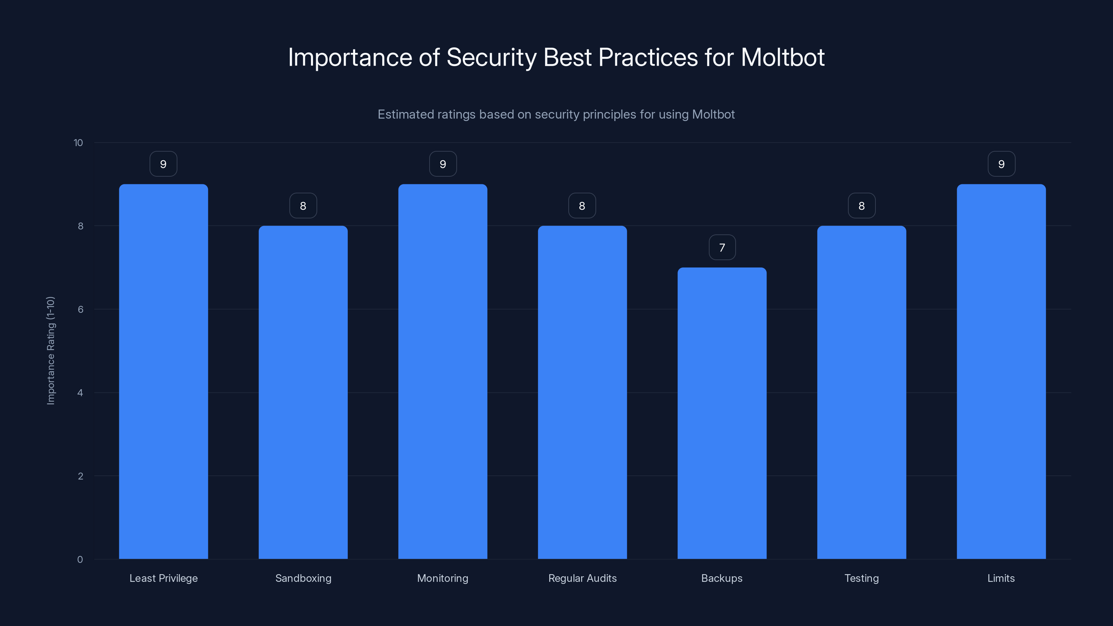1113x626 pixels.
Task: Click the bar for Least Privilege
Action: click(163, 371)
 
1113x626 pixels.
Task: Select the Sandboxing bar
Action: click(303, 392)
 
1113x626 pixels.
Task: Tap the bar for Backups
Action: click(722, 413)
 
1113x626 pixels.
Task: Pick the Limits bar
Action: click(1001, 371)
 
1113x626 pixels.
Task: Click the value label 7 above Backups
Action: click(722, 248)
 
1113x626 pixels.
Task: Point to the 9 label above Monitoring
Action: click(443, 164)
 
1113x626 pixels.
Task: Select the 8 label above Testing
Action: click(862, 206)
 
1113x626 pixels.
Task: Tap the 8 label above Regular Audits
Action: click(582, 206)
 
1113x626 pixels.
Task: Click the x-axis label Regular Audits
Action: click(582, 578)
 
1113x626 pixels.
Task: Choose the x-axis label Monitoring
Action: click(442, 578)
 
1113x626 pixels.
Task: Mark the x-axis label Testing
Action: click(862, 578)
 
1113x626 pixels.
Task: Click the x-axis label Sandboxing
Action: click(303, 578)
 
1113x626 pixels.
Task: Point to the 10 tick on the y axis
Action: click(78, 143)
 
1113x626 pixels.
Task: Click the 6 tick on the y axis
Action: click(80, 309)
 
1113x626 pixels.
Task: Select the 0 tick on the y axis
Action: click(80, 560)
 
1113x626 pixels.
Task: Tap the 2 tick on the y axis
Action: click(80, 476)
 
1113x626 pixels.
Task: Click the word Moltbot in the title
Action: click(783, 57)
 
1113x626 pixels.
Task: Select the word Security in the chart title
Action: click(491, 57)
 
